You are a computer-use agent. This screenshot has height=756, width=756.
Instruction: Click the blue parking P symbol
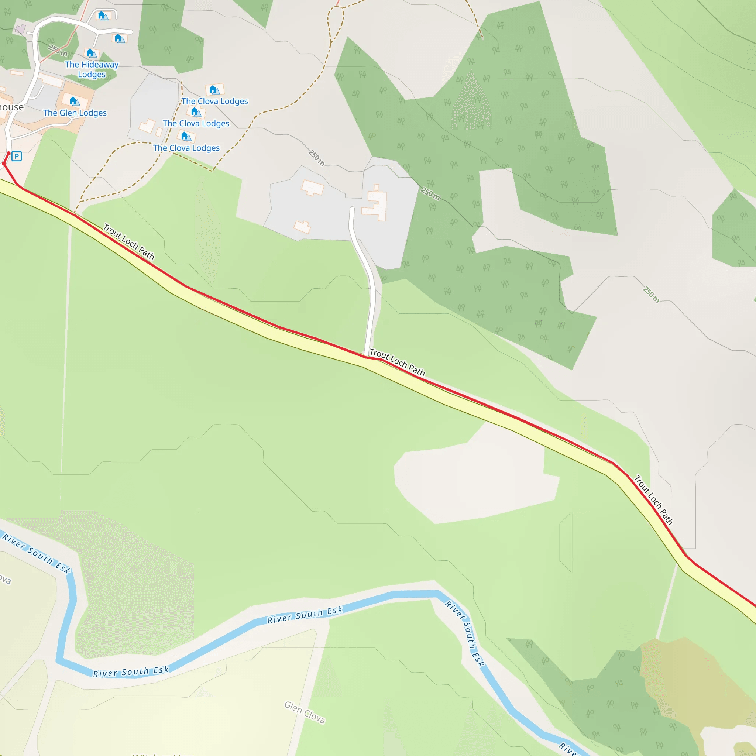point(17,156)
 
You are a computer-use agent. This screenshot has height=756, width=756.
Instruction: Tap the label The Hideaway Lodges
point(92,69)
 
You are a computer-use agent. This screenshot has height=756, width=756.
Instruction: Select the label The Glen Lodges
point(75,113)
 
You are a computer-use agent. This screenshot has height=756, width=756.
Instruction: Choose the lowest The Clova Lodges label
point(186,148)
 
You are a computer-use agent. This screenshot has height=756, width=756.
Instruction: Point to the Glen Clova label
point(305,712)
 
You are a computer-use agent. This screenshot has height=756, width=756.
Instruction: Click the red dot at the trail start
point(8,154)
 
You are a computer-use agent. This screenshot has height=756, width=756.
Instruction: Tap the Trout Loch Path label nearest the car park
point(129,241)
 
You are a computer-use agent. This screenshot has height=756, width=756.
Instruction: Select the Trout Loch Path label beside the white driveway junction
point(397,362)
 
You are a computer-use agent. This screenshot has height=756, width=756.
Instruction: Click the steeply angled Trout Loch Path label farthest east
point(653,500)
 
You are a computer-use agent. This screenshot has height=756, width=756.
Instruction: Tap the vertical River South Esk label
point(465,633)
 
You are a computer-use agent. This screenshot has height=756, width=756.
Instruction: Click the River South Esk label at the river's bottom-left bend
point(131,671)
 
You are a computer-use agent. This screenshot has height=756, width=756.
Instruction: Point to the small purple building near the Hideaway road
point(20,28)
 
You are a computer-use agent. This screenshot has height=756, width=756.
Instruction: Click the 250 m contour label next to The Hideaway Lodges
point(58,50)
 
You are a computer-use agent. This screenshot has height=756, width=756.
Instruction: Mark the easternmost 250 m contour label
point(651,294)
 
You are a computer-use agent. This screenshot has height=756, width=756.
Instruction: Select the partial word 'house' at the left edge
point(12,107)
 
